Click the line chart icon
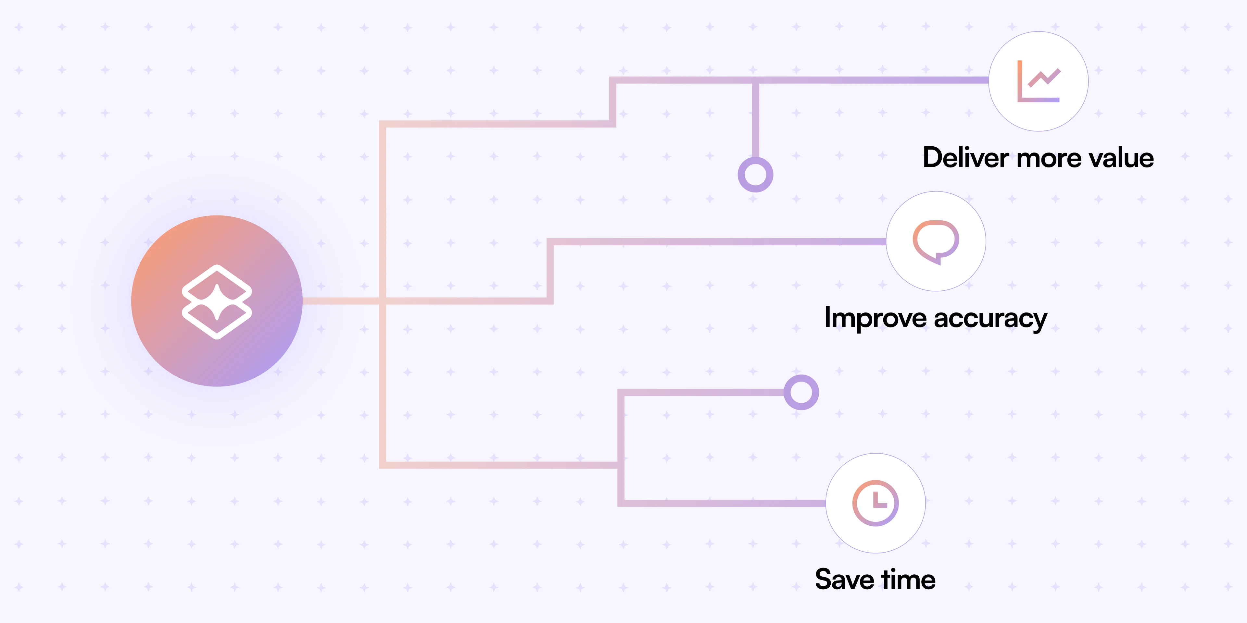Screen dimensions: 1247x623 click(x=1039, y=81)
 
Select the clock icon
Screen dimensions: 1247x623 click(x=875, y=503)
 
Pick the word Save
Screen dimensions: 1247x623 click(x=845, y=580)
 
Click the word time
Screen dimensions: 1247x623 click(x=908, y=580)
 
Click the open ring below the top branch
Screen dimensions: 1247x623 click(x=755, y=175)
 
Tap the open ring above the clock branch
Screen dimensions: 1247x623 click(x=801, y=392)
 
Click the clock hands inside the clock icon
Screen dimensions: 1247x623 click(x=878, y=501)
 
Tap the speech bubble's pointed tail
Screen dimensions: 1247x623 click(x=938, y=260)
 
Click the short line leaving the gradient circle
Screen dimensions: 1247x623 click(x=339, y=301)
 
